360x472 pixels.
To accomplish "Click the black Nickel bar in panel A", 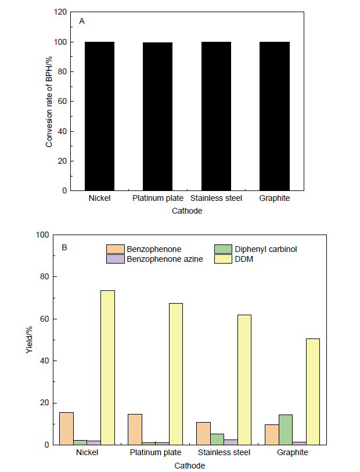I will coord(100,116).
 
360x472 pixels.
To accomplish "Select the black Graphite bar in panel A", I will coord(275,116).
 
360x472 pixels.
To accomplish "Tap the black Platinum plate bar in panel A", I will coord(158,116).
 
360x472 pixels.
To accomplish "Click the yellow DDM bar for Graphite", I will coord(313,392).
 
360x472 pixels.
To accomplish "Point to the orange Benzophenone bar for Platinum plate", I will coord(135,429).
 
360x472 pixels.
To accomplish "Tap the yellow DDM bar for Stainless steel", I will coord(244,380).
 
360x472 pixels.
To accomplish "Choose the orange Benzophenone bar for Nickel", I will coord(66,428).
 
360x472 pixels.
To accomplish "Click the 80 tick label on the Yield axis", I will coord(41,277).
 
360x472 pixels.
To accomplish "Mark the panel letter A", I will coord(82,21).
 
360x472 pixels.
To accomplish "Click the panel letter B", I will coord(64,248).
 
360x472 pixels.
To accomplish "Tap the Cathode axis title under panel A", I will coord(187,211).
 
